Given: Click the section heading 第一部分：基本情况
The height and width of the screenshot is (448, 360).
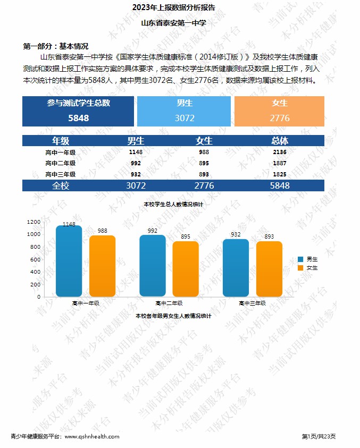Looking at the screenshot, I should [x=55, y=46].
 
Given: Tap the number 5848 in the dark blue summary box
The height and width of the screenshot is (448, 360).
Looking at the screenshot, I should [x=78, y=118].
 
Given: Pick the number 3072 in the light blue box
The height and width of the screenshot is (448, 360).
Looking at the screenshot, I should [x=185, y=118].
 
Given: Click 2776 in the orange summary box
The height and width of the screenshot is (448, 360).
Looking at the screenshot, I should [x=279, y=118].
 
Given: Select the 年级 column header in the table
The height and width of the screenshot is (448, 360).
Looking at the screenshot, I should [x=60, y=141].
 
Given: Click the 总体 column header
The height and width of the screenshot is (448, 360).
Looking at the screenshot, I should [x=280, y=141].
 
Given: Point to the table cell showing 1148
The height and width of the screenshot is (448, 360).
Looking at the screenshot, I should [x=136, y=152].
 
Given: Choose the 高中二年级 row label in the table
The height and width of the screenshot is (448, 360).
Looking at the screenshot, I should [x=60, y=163].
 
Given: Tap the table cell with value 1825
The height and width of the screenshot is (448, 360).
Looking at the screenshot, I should [x=280, y=174].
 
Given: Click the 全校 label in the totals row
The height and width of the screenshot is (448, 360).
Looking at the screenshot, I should [x=60, y=185].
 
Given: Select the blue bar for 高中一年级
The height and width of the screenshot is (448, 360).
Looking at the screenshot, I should [x=69, y=261].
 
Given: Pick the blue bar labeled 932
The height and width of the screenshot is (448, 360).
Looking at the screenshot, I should [x=236, y=268].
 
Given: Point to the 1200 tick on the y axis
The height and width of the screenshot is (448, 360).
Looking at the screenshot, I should [x=34, y=222].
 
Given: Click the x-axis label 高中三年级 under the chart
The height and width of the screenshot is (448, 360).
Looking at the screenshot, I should [x=252, y=303].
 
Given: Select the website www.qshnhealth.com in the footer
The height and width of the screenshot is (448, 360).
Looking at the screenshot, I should [x=91, y=436].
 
